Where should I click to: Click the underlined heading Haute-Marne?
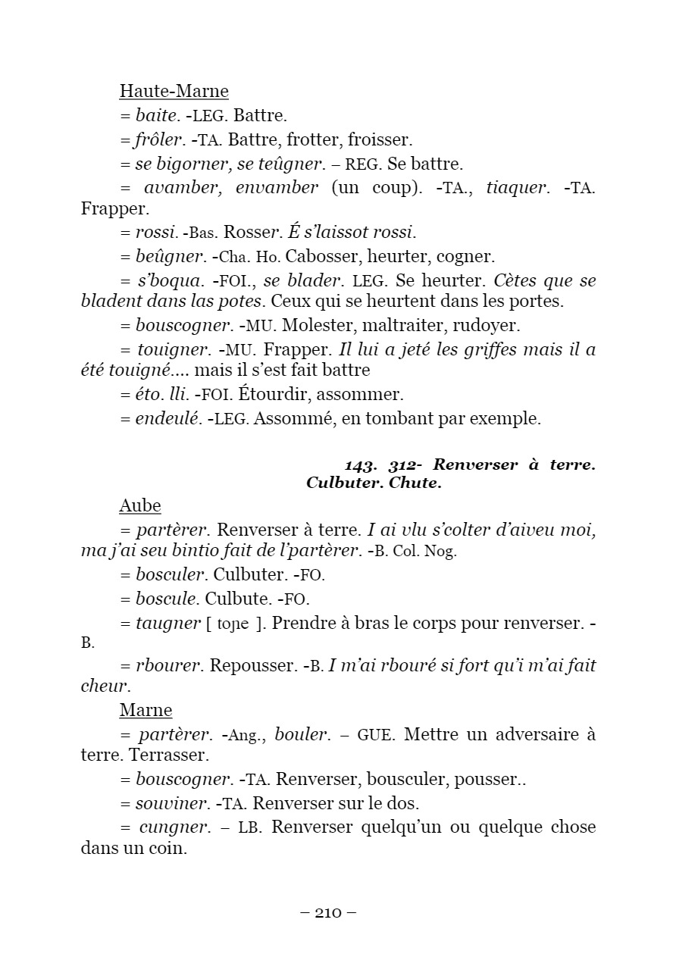174,92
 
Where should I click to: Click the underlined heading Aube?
140,505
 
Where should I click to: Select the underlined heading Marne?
146,710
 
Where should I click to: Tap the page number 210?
328,912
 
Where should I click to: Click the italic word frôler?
159,139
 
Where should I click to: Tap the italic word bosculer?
171,575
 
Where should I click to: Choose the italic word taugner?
167,623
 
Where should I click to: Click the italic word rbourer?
168,665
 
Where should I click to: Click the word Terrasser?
169,755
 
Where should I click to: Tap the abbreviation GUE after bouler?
375,735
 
